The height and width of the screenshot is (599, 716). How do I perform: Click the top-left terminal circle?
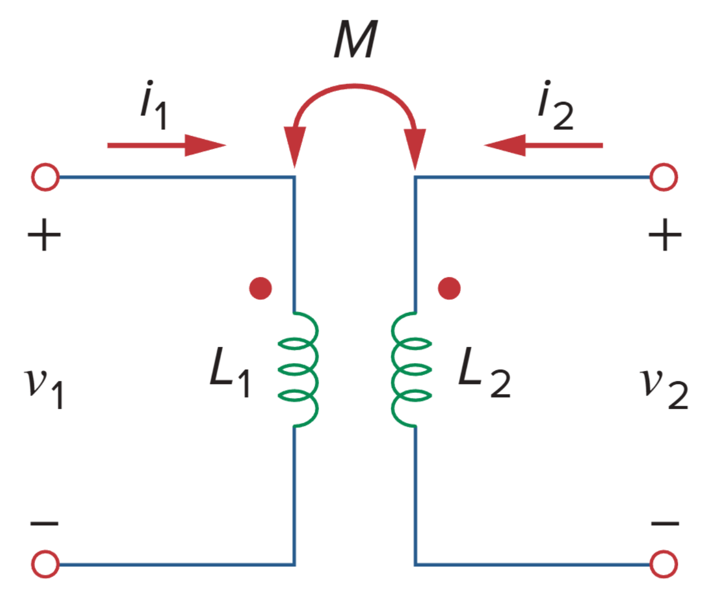coord(45,177)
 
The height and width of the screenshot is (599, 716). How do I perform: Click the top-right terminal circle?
coord(663,177)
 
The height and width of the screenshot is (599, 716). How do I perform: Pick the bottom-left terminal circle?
coord(45,564)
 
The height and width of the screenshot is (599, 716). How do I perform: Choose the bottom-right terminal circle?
coord(663,564)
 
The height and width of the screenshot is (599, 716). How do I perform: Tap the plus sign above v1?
coord(44,236)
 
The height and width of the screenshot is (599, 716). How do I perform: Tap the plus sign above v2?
coord(665,236)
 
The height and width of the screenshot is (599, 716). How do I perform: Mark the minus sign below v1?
coord(44,524)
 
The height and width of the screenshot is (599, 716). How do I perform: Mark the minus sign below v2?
coord(665,524)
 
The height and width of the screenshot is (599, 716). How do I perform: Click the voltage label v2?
coord(664,386)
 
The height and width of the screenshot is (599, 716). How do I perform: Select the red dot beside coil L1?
coord(261,288)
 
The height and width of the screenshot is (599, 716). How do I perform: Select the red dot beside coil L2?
coord(449,288)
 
